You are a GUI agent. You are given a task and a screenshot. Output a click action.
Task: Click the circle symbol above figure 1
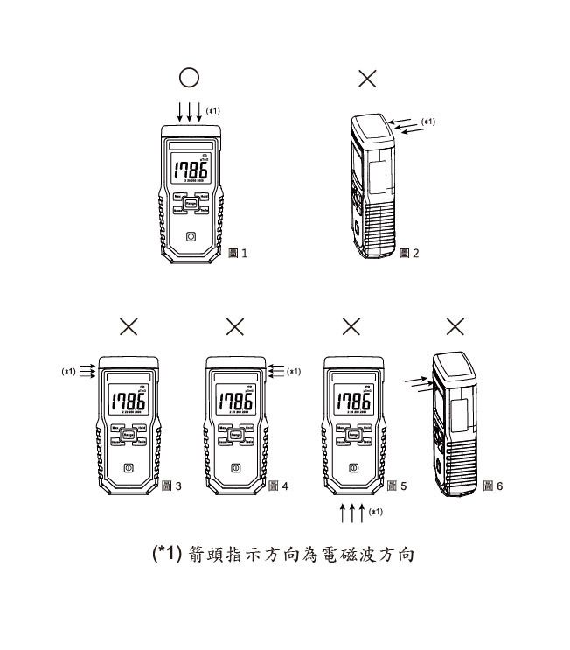[x=190, y=78]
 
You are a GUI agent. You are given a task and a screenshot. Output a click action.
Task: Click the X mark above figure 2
[x=368, y=79]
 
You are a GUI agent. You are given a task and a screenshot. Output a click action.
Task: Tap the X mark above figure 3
[x=128, y=326]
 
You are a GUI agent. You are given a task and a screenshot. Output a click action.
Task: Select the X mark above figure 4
[x=234, y=326]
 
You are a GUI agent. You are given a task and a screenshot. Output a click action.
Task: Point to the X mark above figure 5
[x=351, y=326]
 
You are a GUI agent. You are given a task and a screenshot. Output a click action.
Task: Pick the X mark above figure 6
[x=455, y=326]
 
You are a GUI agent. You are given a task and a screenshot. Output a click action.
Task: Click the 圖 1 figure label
[x=238, y=254]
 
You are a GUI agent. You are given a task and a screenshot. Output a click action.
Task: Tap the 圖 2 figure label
[x=409, y=254]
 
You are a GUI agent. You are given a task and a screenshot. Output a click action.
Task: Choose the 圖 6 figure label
[x=494, y=486]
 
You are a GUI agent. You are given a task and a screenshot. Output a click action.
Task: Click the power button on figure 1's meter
[x=191, y=236]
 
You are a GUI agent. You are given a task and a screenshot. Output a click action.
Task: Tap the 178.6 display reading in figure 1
[x=190, y=171]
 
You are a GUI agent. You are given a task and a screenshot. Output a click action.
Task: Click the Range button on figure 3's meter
[x=128, y=435]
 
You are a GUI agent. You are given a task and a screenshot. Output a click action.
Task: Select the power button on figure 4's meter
[x=234, y=468]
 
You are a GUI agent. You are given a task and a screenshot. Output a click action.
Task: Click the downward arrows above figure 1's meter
[x=190, y=112]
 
